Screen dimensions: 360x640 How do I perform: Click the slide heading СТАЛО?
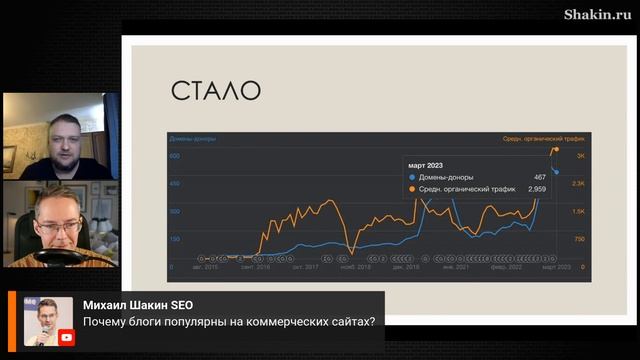(215, 91)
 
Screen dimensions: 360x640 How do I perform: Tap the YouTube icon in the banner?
(65, 337)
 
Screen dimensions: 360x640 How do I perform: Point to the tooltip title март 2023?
(426, 165)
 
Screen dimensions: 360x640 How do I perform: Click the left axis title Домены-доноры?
(192, 139)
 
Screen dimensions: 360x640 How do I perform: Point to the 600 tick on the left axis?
(174, 156)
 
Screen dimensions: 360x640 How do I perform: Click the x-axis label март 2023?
(556, 267)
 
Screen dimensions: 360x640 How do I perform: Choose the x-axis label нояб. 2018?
(355, 267)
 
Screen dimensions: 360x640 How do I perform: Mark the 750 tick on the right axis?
(579, 239)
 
